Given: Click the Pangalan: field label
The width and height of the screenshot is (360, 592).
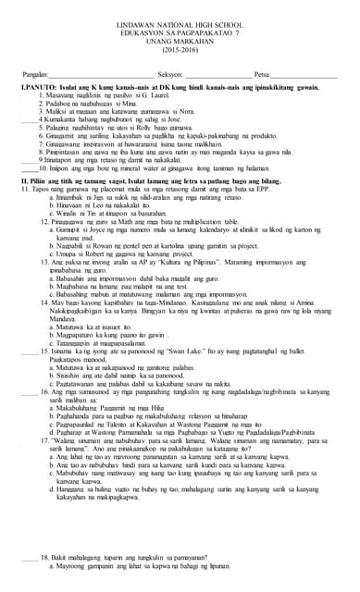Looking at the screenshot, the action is (34, 74).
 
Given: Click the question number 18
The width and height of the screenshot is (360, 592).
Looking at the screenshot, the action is (43, 558).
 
